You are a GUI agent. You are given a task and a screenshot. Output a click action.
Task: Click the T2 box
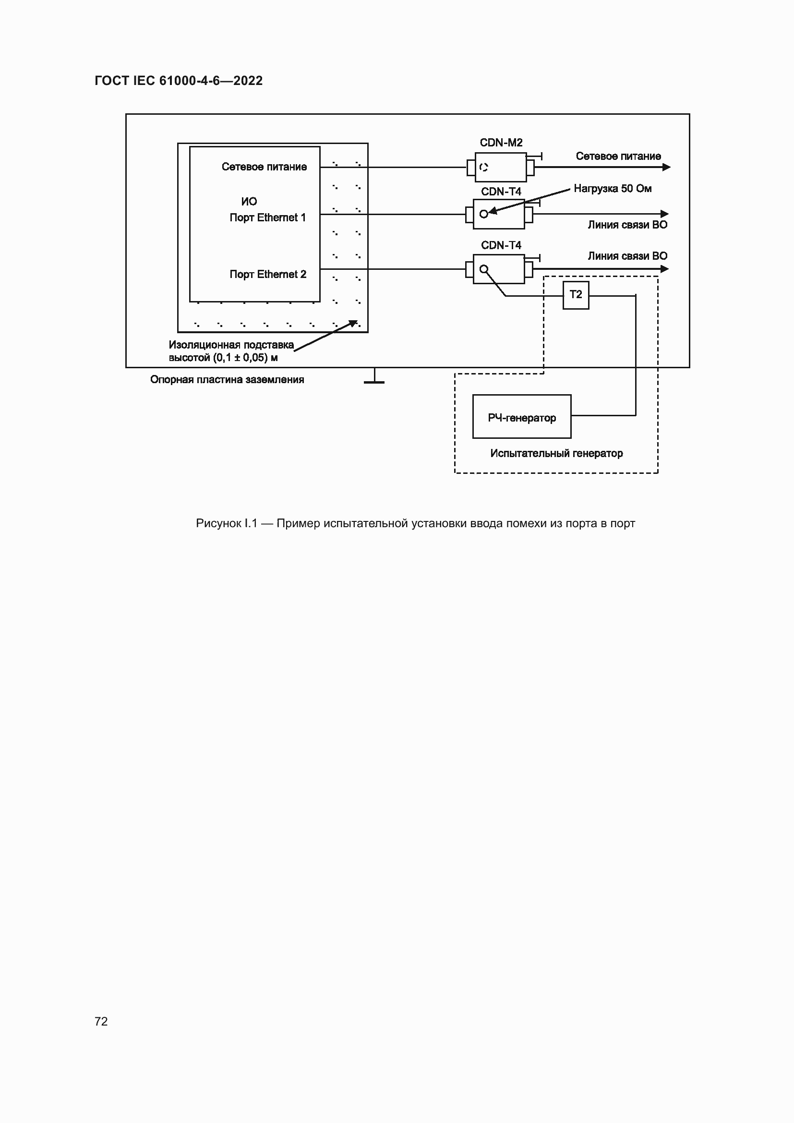coord(576,295)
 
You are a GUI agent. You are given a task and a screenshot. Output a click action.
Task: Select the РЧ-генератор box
coord(522,417)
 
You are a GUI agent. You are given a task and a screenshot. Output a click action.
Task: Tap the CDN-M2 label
coord(501,143)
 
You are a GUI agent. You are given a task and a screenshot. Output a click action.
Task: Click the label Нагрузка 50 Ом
coord(612,189)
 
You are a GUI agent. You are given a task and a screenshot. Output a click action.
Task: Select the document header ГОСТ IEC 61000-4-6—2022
coord(179,81)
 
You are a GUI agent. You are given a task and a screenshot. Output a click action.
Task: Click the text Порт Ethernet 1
coord(267,217)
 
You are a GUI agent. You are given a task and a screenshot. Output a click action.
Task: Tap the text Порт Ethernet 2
coord(268,275)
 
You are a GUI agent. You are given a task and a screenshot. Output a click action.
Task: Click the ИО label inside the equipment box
coord(249,202)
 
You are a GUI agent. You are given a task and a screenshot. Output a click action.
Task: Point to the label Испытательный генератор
coord(556,453)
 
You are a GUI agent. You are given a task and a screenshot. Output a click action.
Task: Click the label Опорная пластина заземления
coord(227,380)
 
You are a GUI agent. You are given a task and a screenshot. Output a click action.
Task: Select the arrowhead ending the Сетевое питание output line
coord(666,167)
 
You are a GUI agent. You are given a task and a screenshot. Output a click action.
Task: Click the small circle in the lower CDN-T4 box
coord(483,269)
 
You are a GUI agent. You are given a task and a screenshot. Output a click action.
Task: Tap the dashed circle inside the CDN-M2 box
coord(483,167)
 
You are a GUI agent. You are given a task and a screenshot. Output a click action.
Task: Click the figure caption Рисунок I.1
coord(415,523)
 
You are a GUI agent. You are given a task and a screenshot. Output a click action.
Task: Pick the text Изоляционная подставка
coord(231,345)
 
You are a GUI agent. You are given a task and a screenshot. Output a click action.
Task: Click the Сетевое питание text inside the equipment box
coord(264,167)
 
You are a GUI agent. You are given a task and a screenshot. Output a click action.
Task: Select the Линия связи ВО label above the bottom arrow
coord(627,256)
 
